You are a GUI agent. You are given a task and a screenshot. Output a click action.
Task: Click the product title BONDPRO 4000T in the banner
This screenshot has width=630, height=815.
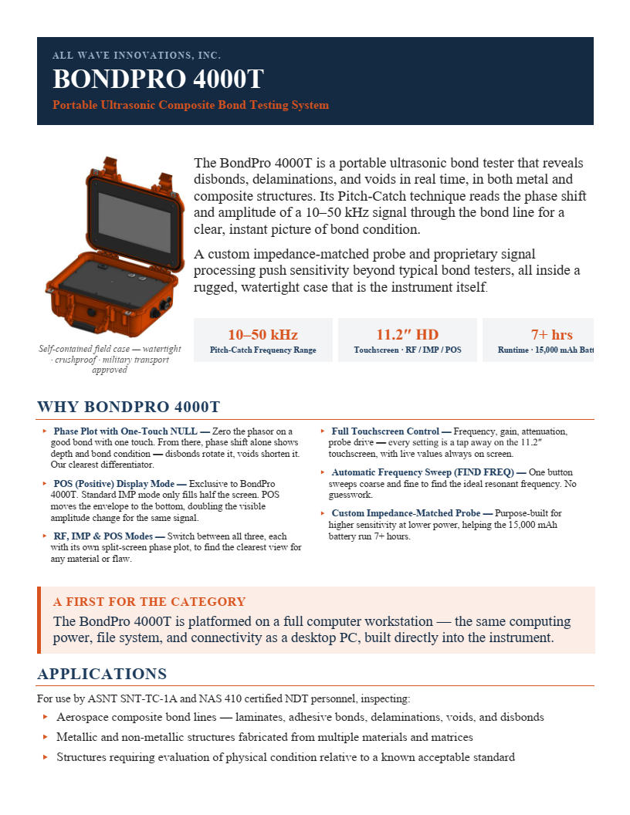pos(158,79)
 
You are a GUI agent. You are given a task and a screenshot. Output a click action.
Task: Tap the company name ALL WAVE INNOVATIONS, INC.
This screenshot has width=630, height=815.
pos(137,55)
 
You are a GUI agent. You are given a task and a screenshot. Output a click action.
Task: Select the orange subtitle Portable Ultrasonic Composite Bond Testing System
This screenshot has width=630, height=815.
pos(191,105)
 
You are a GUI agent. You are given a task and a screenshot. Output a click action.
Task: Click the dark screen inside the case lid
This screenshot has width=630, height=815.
pos(135,222)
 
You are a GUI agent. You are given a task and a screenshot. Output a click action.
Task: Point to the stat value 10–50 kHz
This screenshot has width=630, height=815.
pos(262,334)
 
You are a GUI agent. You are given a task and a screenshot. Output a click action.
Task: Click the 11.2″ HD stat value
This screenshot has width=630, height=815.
pos(408,334)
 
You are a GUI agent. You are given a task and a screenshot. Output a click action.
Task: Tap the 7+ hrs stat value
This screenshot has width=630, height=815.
pos(551,334)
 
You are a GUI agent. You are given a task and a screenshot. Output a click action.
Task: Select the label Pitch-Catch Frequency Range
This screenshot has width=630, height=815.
pos(262,350)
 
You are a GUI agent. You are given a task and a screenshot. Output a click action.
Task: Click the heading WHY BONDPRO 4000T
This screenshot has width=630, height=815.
pos(128,407)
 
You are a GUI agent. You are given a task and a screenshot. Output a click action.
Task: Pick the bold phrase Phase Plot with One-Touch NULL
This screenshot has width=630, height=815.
pos(125,431)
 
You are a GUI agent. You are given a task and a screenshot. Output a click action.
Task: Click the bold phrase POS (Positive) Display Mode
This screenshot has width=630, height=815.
pos(113,484)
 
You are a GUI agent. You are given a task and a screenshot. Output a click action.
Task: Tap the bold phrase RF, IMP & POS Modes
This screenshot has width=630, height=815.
pos(103,536)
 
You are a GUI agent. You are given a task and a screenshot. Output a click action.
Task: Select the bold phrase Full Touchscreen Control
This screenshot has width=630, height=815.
pos(385,431)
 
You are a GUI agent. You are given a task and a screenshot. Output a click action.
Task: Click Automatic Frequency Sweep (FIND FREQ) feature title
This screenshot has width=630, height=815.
pos(422,472)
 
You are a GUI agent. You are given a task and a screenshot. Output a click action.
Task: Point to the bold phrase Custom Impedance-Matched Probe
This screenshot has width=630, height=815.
pos(406,513)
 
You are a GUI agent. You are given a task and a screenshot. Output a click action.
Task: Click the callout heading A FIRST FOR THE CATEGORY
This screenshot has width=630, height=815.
pos(149,602)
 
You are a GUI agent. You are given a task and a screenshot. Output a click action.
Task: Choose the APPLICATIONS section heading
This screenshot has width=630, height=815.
pos(102,674)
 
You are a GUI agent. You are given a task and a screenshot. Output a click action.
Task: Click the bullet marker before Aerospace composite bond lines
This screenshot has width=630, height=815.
pos(46,717)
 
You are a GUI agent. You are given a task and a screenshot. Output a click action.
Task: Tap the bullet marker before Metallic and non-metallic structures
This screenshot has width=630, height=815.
pos(46,738)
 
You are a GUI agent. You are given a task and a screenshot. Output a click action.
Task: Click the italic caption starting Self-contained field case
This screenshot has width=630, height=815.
pos(110,359)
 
